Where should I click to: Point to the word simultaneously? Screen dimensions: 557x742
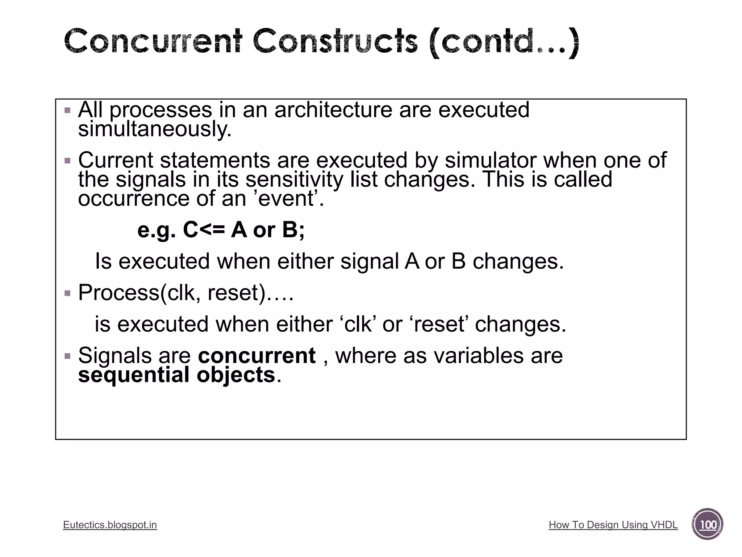155,129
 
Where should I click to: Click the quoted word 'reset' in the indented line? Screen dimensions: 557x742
439,324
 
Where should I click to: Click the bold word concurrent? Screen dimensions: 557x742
257,355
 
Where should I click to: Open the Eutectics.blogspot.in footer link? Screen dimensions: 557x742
110,525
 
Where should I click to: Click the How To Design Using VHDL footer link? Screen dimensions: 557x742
613,525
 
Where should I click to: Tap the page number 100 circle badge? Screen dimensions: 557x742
707,524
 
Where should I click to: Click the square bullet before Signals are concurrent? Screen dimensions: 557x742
67,356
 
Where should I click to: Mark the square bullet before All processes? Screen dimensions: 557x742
67,110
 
